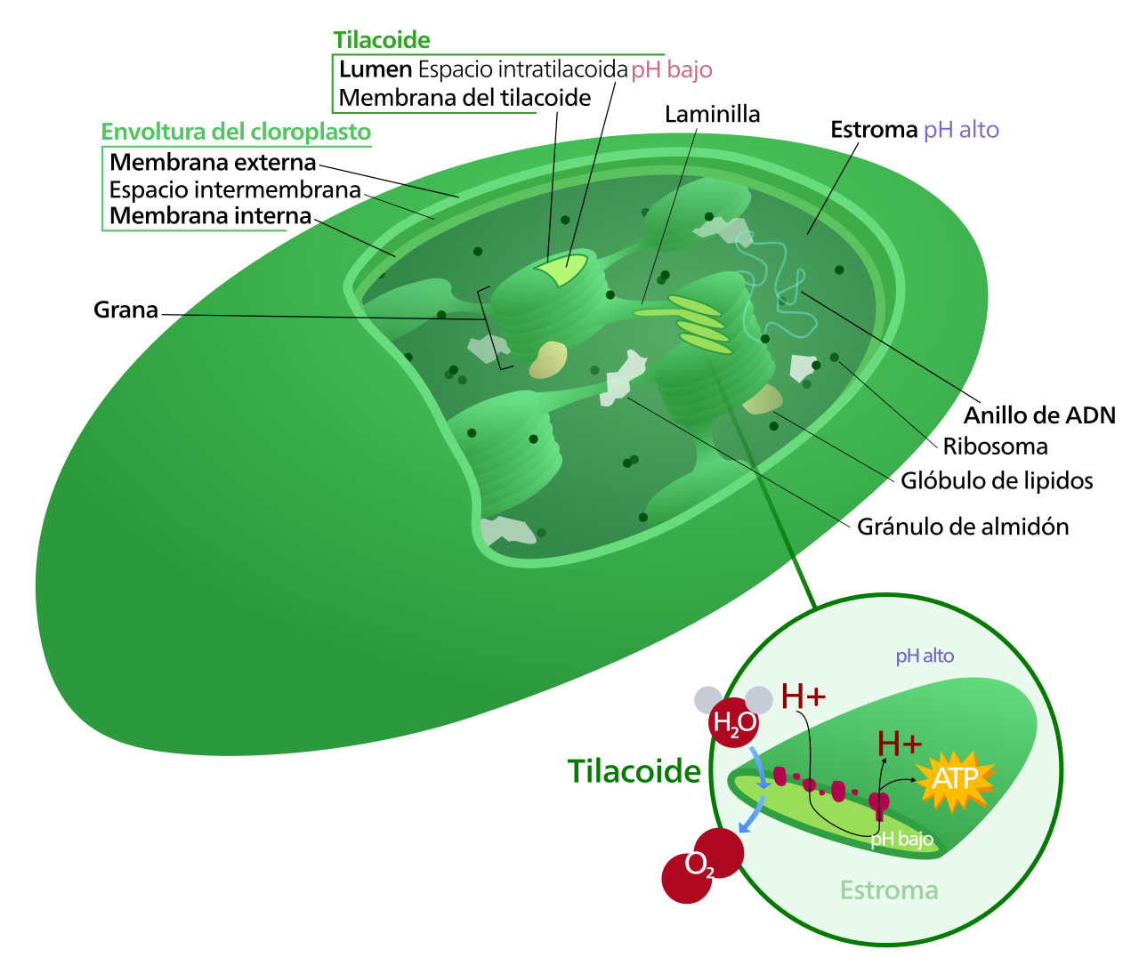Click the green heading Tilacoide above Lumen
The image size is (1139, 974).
click(382, 40)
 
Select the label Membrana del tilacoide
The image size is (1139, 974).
click(464, 98)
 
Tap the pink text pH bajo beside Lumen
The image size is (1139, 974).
click(672, 70)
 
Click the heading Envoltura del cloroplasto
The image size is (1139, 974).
click(236, 132)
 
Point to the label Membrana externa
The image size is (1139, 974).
click(213, 163)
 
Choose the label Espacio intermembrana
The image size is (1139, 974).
click(235, 189)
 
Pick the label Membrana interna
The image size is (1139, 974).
click(211, 215)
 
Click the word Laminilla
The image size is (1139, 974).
click(712, 115)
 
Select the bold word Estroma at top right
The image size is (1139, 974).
click(874, 130)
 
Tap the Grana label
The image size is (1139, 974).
click(126, 310)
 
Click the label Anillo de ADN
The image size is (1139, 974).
click(1039, 415)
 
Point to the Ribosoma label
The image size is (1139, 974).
click(995, 447)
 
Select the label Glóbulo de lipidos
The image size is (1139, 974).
click(997, 481)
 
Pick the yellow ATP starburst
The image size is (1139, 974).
click(955, 779)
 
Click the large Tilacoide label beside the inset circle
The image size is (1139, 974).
click(634, 770)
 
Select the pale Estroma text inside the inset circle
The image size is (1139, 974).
click(889, 890)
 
